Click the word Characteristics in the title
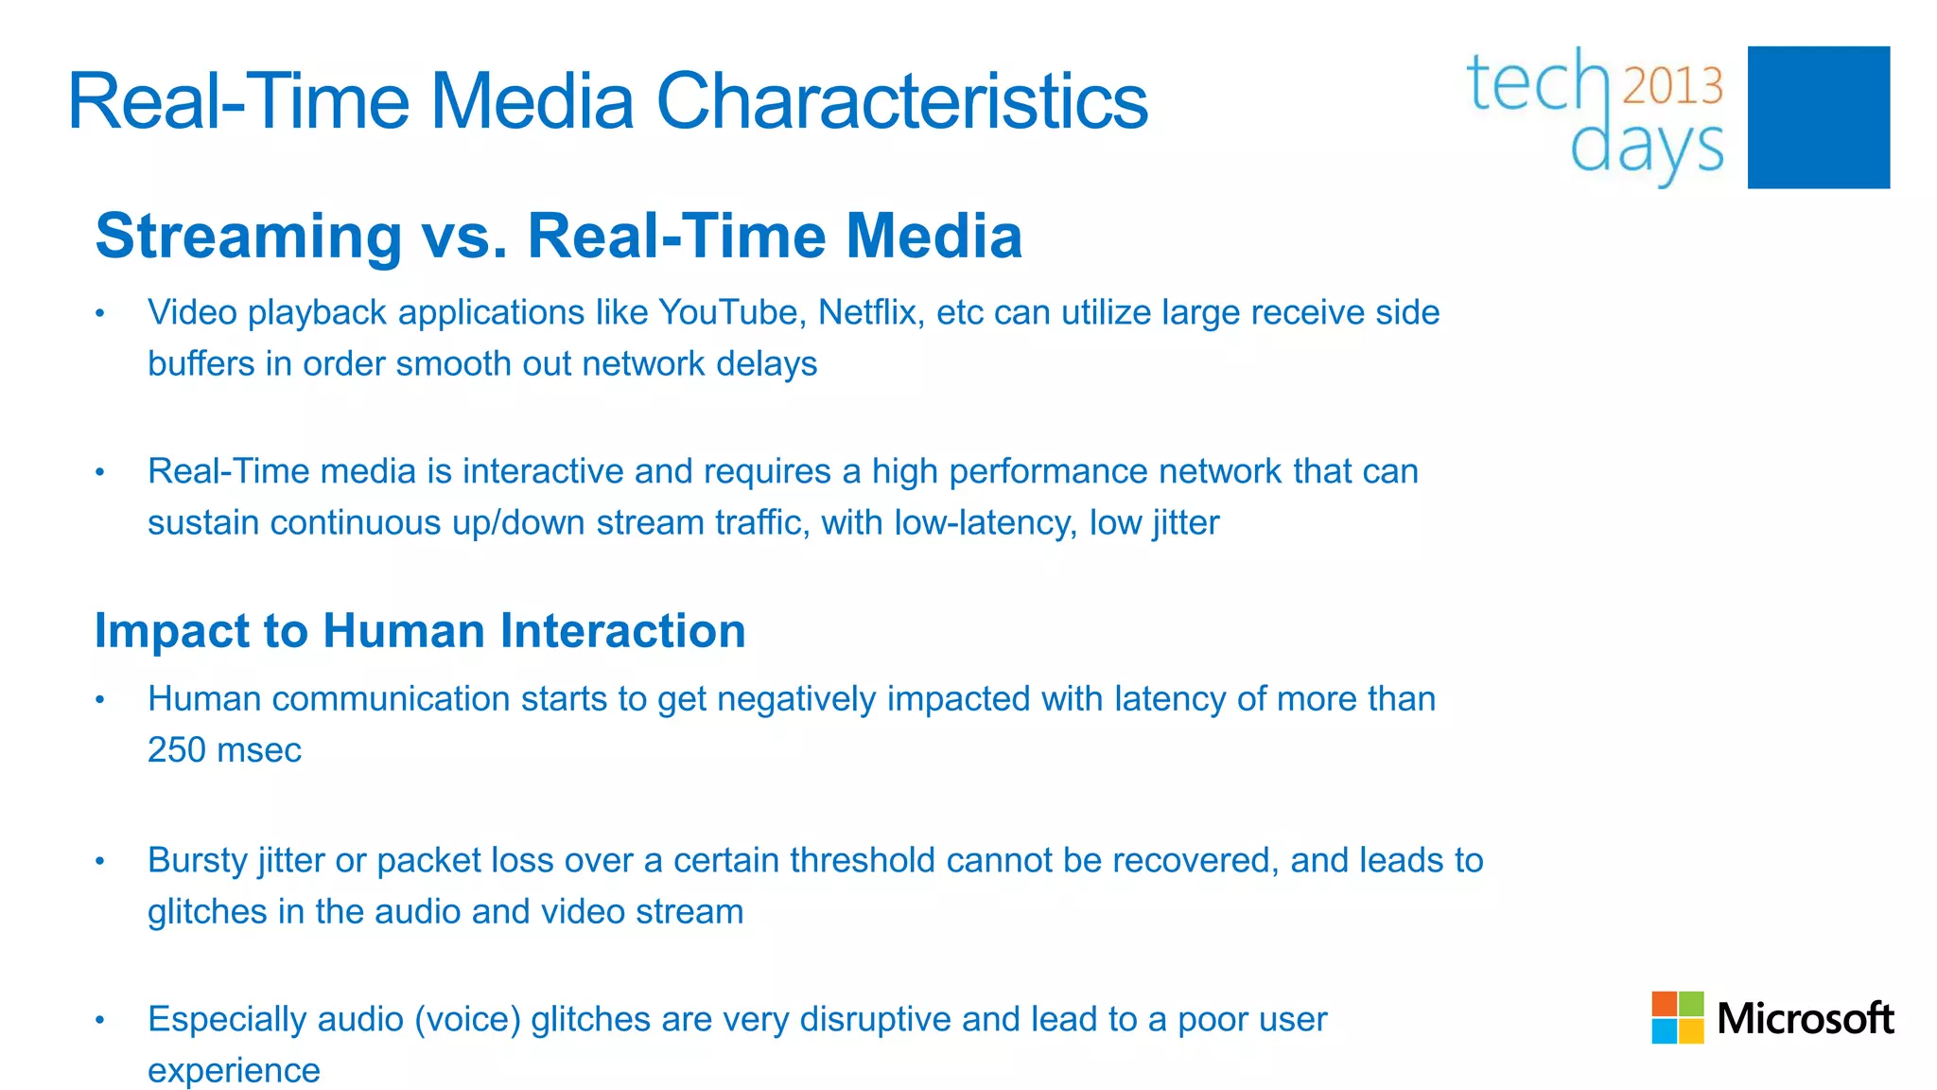tap(900, 102)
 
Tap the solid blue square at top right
tap(1818, 117)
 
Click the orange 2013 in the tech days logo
tap(1672, 87)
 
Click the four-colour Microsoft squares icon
tap(1677, 1017)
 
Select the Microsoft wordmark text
tap(1805, 1019)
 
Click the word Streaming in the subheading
tap(249, 236)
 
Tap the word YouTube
tap(731, 312)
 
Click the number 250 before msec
tap(177, 750)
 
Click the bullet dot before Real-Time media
tap(100, 472)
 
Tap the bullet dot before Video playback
tap(100, 313)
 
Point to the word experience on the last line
tap(234, 1071)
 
